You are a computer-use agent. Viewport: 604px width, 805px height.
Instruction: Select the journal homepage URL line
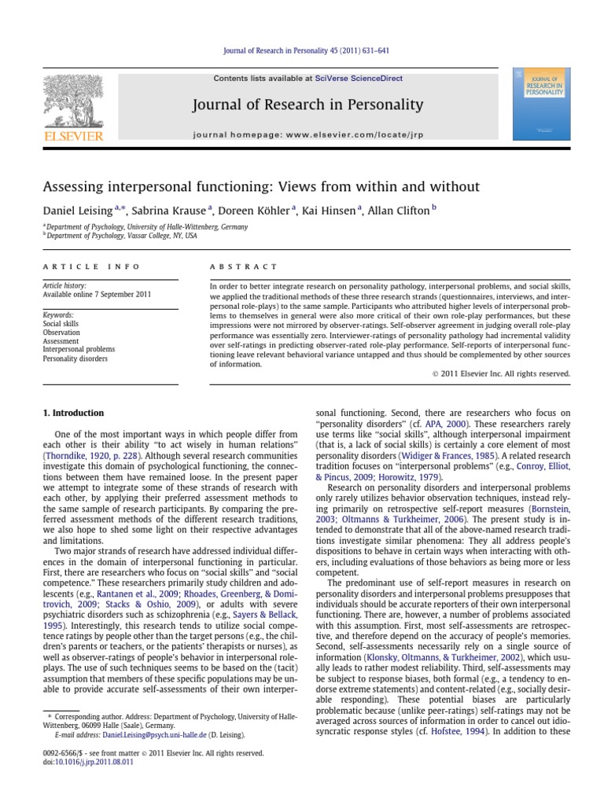point(308,134)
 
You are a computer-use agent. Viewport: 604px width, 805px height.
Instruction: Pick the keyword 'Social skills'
point(61,324)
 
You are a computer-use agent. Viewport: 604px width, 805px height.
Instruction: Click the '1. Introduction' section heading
point(72,413)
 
